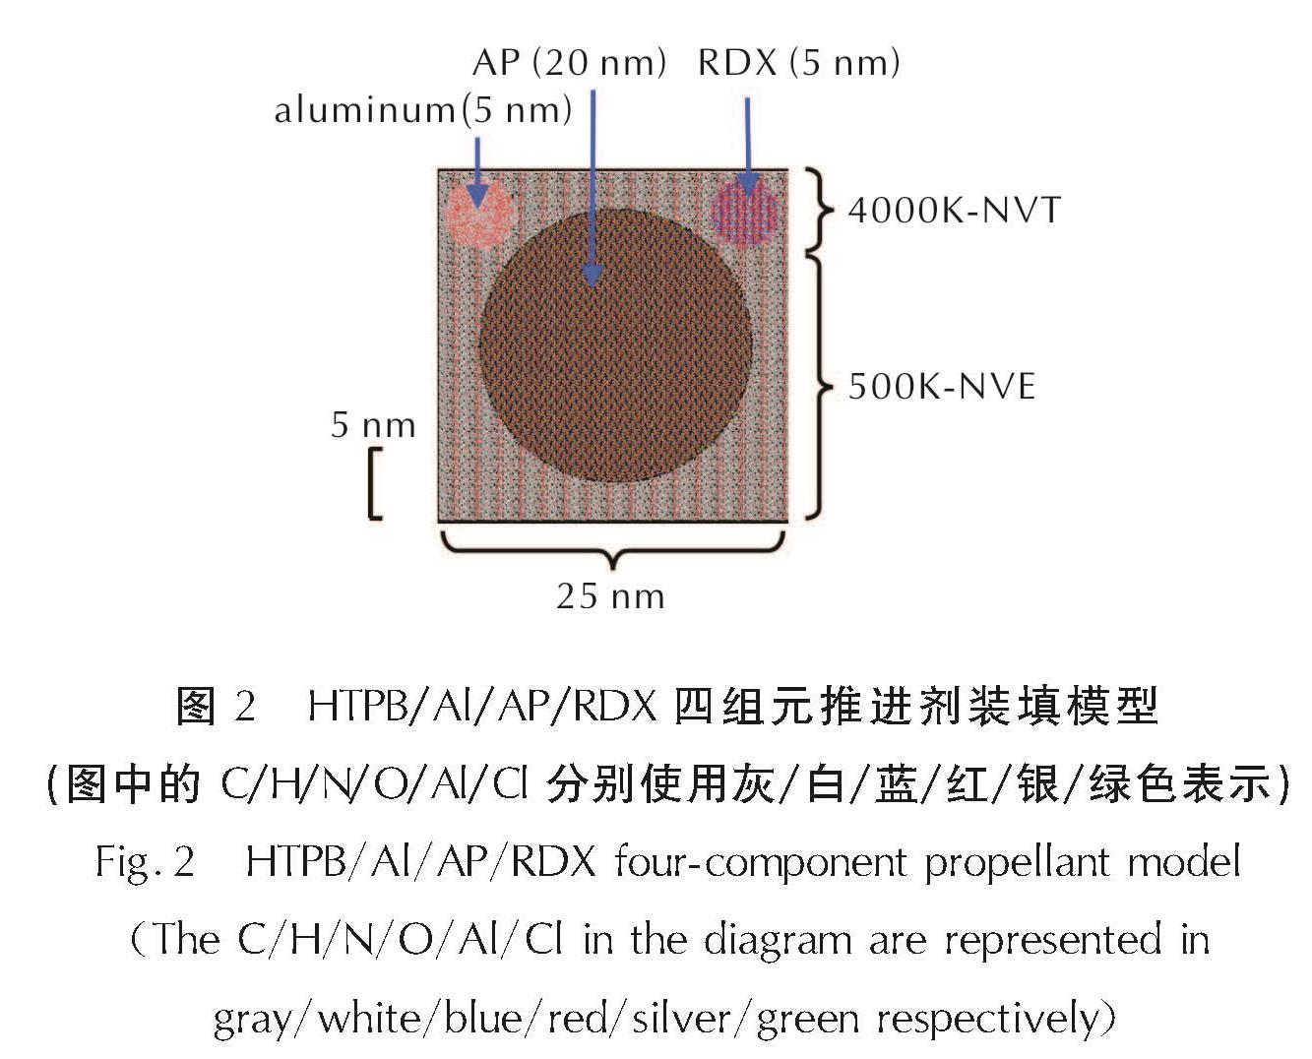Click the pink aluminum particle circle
coord(479,213)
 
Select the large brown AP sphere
coord(615,344)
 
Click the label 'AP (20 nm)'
coord(569,63)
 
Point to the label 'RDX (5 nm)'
coord(798,63)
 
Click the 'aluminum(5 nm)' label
coord(423,110)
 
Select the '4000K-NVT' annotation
coord(954,210)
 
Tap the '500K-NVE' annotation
coord(942,387)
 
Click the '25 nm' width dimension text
coord(610,596)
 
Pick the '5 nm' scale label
coord(373,425)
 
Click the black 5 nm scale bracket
coord(373,483)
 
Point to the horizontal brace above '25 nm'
coord(613,550)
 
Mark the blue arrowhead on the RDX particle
coord(748,184)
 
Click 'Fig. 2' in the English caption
coord(146,862)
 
